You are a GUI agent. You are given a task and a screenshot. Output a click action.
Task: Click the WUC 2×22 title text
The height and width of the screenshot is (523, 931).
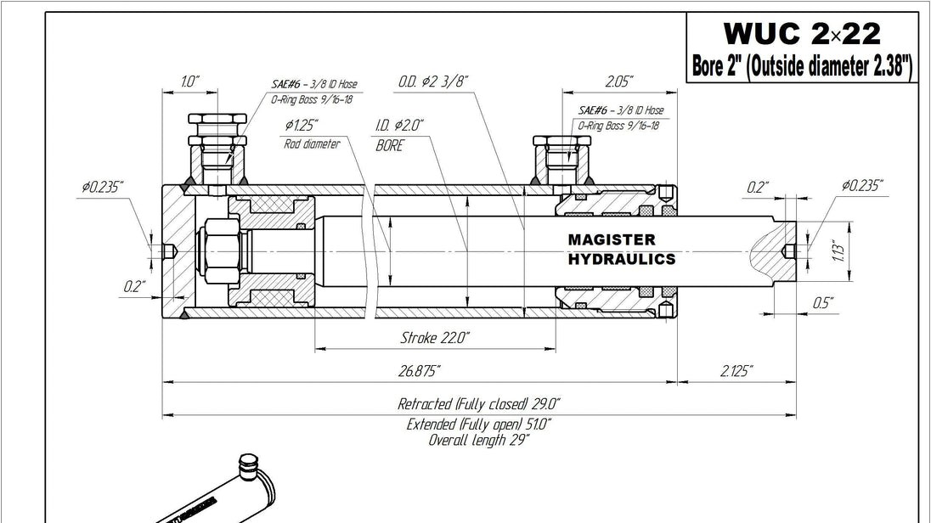click(x=802, y=34)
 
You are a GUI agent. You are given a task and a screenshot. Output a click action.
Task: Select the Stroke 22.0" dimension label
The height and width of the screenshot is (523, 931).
click(x=435, y=338)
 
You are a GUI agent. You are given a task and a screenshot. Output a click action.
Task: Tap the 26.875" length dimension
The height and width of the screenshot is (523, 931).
click(x=419, y=371)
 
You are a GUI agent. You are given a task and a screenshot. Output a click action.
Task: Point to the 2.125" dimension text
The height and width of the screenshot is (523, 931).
click(x=736, y=371)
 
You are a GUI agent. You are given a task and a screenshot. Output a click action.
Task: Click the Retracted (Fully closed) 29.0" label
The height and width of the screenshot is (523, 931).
click(x=478, y=404)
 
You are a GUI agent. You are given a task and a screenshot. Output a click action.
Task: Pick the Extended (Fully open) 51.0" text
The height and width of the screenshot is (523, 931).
click(x=478, y=425)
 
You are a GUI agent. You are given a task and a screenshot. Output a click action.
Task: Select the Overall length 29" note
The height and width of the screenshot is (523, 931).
click(x=478, y=440)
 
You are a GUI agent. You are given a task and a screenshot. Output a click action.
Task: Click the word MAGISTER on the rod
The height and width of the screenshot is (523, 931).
click(x=612, y=239)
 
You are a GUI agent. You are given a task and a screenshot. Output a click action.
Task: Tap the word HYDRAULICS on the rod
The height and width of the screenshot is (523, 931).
click(x=622, y=260)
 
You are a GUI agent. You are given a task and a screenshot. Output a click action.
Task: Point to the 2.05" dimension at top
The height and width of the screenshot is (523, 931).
click(x=619, y=82)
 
